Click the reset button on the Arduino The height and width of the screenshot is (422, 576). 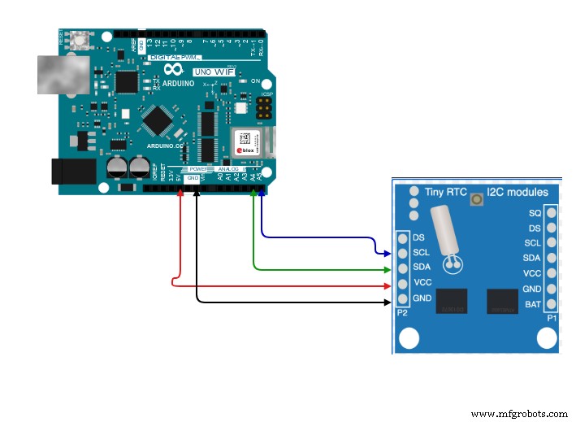coord(81,38)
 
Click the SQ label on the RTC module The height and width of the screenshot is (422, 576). coord(534,213)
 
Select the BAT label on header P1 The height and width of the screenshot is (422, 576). coord(533,304)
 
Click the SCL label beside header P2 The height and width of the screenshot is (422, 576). coord(421,252)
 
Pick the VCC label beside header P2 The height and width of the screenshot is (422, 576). coord(422,282)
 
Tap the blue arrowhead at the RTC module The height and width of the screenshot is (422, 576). coord(387,253)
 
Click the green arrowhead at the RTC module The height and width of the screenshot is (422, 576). coord(387,268)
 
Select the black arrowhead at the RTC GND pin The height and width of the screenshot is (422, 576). coord(387,302)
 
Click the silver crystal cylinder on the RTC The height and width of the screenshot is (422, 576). coord(442,228)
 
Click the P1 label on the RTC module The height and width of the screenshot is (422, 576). coord(552,318)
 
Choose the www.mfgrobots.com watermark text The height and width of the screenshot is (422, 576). coord(521,414)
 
